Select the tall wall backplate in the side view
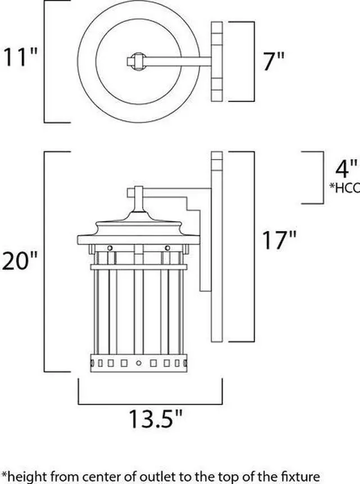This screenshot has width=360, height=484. click(x=217, y=247)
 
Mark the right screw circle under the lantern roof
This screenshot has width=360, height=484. click(x=167, y=248)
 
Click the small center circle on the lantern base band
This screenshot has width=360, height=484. click(x=138, y=363)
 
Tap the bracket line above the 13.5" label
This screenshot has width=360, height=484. click(x=150, y=403)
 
